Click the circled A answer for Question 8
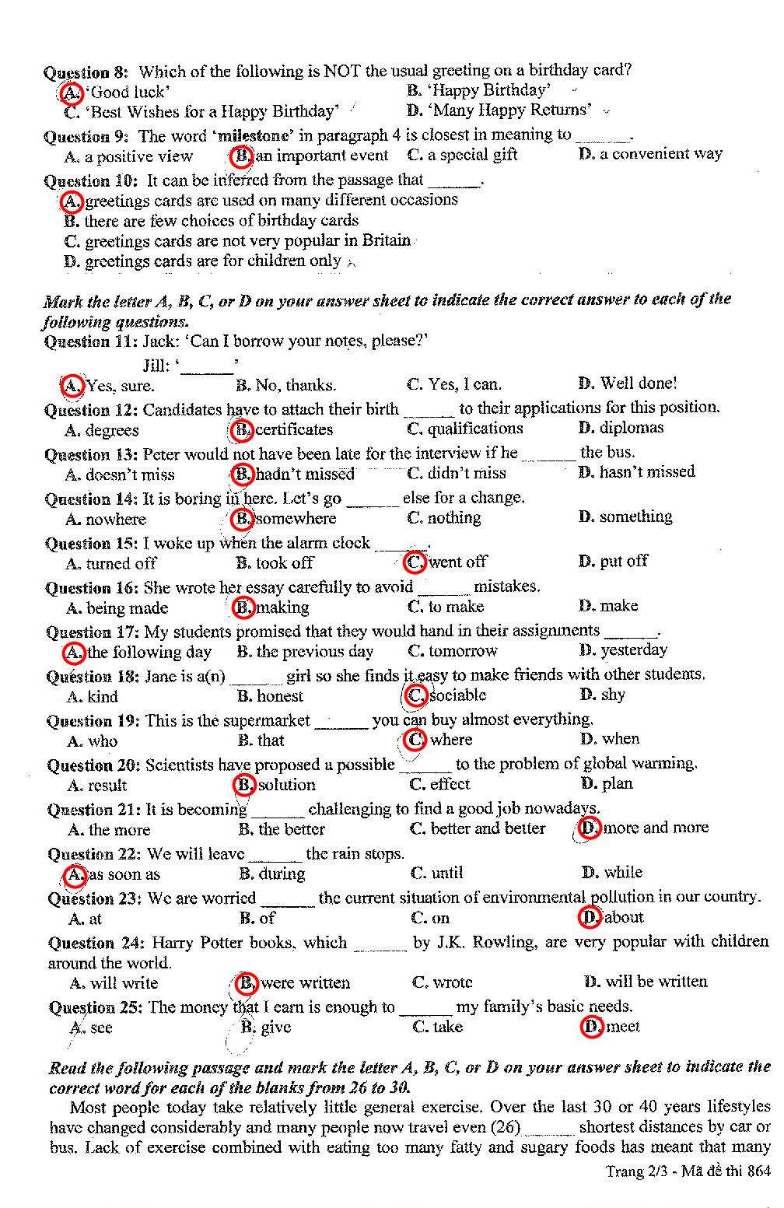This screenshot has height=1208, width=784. point(71,93)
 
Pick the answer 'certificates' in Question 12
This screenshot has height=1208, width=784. point(293,429)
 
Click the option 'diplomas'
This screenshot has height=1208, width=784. point(631,428)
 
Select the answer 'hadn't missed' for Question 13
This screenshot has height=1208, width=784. point(304,474)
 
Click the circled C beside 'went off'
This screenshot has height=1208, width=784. point(415,562)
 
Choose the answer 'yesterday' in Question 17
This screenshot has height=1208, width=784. point(633,650)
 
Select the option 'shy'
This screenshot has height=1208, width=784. point(612,695)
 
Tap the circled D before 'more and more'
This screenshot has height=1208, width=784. point(590,828)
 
